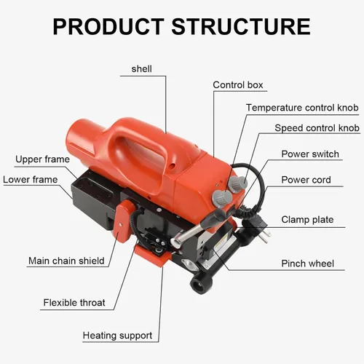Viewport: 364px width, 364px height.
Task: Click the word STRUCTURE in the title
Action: click(241, 26)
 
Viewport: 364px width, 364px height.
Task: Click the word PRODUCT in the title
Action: click(108, 26)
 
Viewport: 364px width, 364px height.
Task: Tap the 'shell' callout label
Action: click(142, 69)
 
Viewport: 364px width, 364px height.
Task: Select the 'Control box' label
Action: click(238, 85)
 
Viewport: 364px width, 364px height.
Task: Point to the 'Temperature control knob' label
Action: click(302, 108)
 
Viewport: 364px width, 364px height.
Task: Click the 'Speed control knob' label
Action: click(317, 128)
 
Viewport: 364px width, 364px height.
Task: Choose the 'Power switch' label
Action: click(310, 154)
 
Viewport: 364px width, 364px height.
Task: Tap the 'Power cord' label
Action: click(306, 180)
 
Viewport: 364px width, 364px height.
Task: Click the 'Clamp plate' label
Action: click(307, 220)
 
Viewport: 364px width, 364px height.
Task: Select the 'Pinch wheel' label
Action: click(308, 264)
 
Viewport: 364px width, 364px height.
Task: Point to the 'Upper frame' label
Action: click(42, 159)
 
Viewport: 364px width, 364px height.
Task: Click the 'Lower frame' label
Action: click(31, 180)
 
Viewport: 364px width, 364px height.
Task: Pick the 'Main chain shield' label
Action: click(66, 261)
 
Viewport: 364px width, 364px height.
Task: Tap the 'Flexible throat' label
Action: click(74, 303)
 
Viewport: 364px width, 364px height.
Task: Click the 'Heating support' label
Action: click(117, 336)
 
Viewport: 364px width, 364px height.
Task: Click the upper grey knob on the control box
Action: click(238, 183)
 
